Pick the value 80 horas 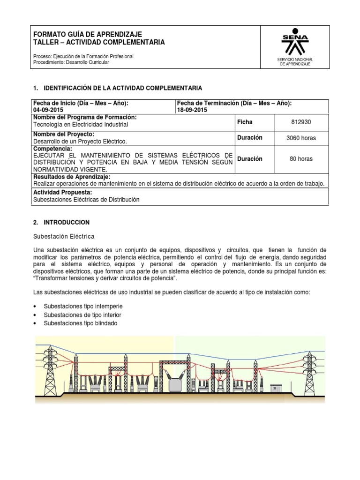coord(300,159)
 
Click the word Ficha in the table coord(245,122)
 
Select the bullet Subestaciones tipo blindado coord(81,323)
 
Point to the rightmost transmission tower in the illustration coord(309,366)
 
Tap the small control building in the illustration coord(274,388)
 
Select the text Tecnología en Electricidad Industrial coord(80,125)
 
